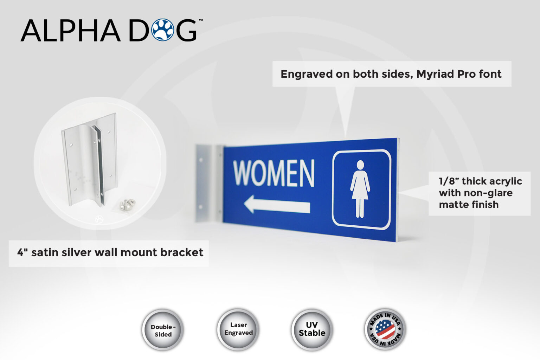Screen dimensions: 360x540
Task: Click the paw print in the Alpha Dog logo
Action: (163, 30)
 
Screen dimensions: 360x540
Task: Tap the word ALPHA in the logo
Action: (70, 31)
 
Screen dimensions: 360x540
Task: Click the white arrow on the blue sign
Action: (277, 205)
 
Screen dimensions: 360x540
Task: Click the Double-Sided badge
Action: (163, 330)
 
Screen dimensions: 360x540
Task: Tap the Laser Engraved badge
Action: (238, 329)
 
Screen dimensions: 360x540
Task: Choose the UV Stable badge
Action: (312, 329)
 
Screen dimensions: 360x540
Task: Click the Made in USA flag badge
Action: (385, 329)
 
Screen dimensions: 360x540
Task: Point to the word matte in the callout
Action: (451, 205)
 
